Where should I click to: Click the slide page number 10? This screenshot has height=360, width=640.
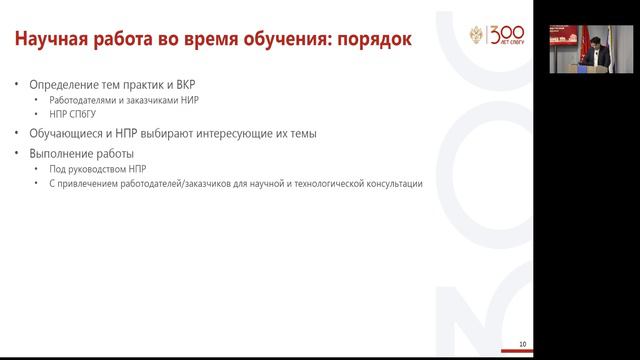523,344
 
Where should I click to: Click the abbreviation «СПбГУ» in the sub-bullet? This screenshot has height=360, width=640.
77,114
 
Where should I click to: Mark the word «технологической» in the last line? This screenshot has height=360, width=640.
324,184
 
